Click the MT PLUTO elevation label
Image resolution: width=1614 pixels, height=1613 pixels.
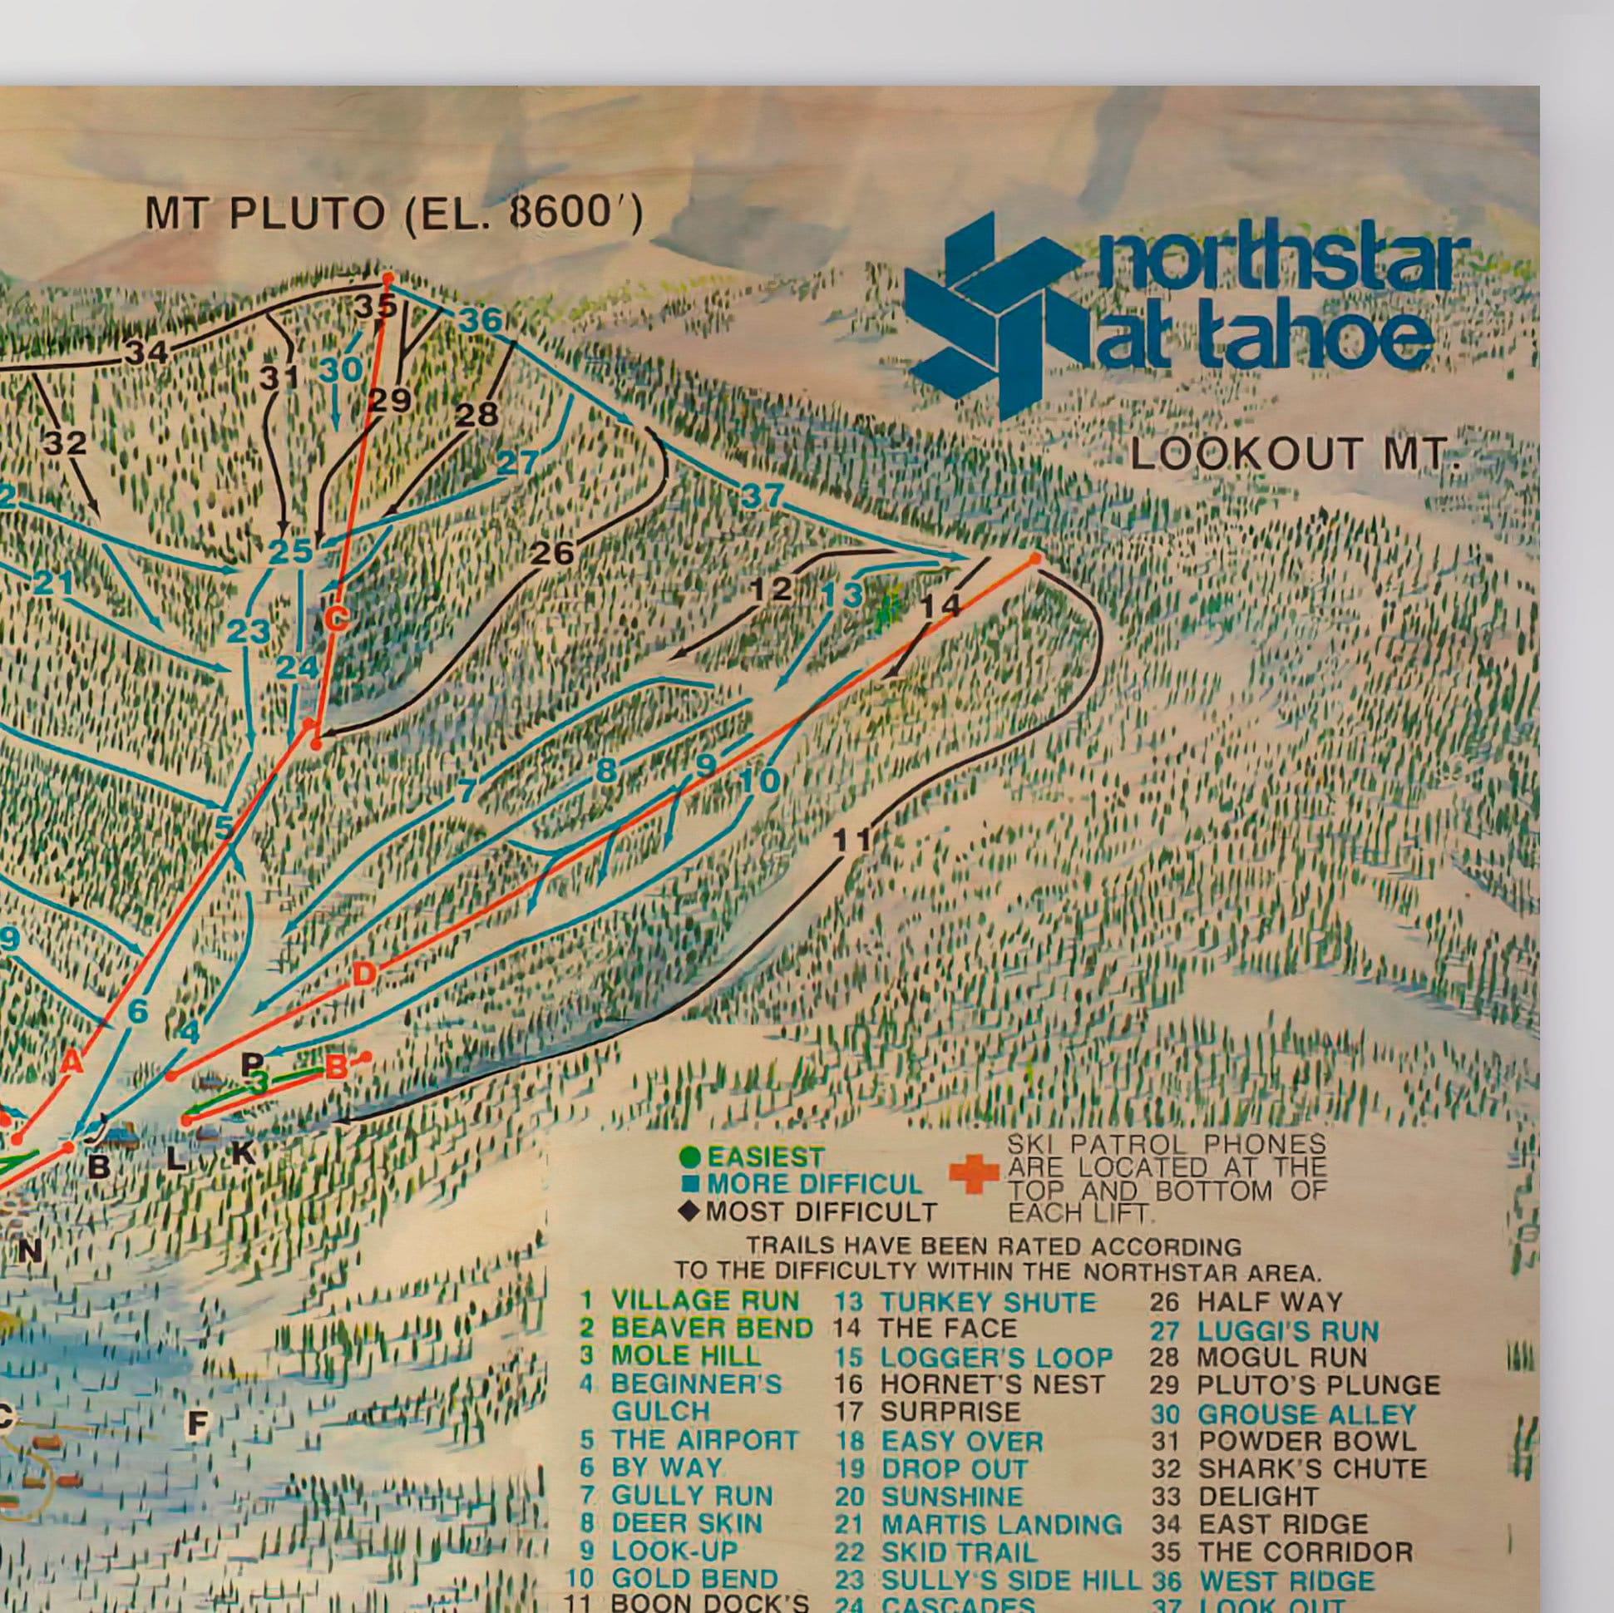[x=393, y=215]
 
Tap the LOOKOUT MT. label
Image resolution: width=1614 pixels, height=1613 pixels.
[x=1294, y=456]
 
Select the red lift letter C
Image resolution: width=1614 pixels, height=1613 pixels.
[x=336, y=619]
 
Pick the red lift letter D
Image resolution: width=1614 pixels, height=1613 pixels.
[x=363, y=973]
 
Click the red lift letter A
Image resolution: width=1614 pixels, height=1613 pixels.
[x=72, y=1063]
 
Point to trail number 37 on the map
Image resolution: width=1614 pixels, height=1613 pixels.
[x=761, y=496]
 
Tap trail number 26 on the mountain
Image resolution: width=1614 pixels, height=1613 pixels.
[x=553, y=552]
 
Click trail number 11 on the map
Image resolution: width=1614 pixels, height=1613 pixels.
[x=853, y=841]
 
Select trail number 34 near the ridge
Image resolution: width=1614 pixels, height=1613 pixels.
[x=147, y=353]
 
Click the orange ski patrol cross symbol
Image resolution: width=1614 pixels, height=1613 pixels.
[x=974, y=1173]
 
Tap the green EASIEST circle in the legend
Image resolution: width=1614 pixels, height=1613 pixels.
[x=690, y=1157]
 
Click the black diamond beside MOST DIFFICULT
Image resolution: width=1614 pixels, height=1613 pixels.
[x=690, y=1211]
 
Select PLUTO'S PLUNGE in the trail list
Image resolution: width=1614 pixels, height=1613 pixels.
[x=1317, y=1385]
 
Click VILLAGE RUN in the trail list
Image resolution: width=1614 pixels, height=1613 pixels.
[x=704, y=1300]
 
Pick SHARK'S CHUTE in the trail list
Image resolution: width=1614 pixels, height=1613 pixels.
[x=1311, y=1468]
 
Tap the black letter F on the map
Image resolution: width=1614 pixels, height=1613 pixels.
[x=197, y=1423]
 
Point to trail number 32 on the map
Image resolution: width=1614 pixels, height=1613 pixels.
[x=65, y=441]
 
